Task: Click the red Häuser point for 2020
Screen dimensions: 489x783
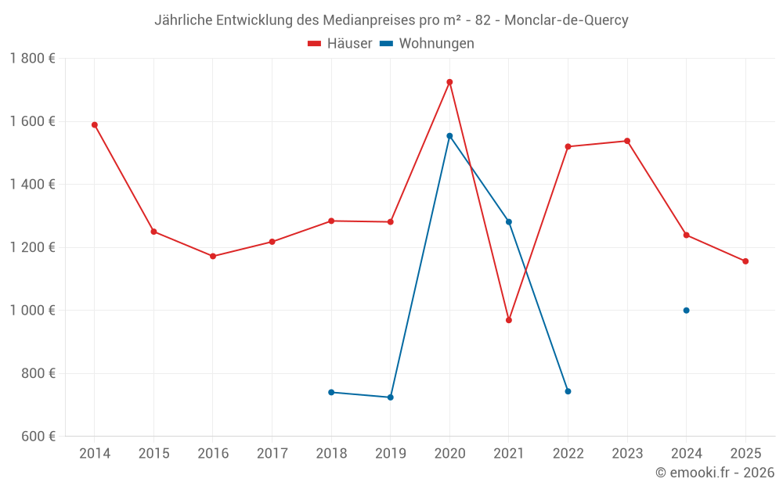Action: click(x=449, y=82)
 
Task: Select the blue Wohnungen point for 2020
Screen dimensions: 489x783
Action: click(x=449, y=136)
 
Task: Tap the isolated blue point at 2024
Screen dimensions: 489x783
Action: click(x=686, y=311)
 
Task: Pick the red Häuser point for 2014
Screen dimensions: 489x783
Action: click(x=95, y=125)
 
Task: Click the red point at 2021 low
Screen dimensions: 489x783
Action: click(x=509, y=320)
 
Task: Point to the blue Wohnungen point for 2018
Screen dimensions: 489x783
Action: click(x=331, y=392)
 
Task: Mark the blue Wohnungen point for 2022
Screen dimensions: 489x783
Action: click(x=568, y=391)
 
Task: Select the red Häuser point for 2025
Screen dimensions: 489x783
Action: click(x=745, y=261)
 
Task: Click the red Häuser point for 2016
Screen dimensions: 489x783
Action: click(x=213, y=257)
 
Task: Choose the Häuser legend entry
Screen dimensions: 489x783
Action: click(x=340, y=44)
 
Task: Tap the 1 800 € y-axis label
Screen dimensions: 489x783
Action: click(x=32, y=59)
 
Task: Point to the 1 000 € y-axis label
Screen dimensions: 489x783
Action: click(x=32, y=311)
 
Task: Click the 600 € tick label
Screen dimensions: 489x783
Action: click(x=37, y=437)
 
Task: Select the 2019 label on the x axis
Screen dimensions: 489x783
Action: click(x=391, y=454)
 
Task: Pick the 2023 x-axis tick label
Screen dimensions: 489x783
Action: click(x=627, y=454)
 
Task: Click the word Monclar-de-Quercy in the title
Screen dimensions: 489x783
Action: click(x=566, y=20)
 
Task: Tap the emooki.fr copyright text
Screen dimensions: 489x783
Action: click(x=714, y=473)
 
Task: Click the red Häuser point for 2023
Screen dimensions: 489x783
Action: click(x=627, y=141)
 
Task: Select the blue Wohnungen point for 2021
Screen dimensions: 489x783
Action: click(x=509, y=221)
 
